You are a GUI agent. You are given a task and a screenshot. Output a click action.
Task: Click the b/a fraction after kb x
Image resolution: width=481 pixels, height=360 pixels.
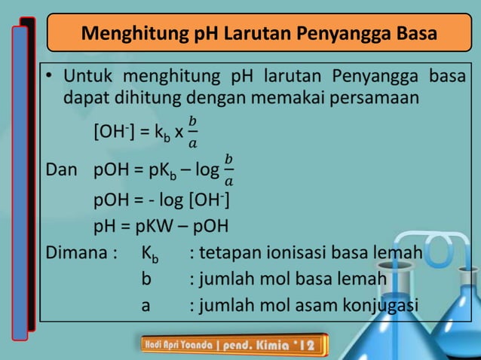[x=193, y=133]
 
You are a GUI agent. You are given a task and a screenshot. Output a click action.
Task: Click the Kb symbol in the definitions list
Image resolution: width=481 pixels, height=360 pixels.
[x=150, y=254]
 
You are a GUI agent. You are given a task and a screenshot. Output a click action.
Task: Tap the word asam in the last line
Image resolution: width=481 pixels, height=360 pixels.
[x=308, y=306]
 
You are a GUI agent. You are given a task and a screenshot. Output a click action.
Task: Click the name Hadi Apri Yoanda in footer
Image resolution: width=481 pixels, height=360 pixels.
[x=179, y=345]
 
